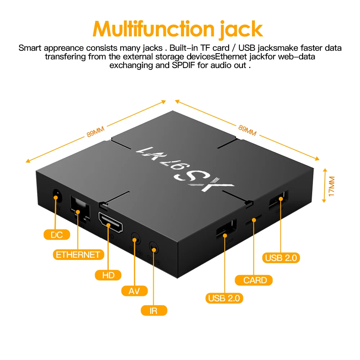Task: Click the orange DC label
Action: [57, 235]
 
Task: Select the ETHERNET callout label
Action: [78, 255]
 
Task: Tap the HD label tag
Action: [108, 275]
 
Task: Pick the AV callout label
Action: [134, 291]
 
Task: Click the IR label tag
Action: [154, 310]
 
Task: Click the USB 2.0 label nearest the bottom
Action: [225, 298]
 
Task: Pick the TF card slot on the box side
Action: [253, 220]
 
